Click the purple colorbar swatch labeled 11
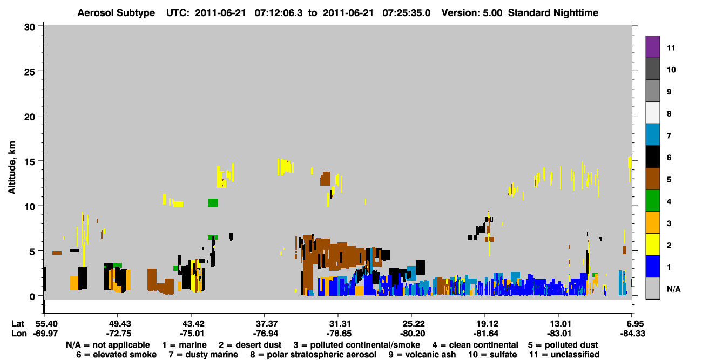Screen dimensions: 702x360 (652, 46)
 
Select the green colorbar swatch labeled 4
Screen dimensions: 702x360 (652, 201)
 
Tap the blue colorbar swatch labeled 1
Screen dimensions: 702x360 (652, 266)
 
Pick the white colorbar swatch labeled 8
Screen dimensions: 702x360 (652, 113)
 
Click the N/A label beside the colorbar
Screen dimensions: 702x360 (673, 289)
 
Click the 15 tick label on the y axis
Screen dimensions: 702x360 (30, 162)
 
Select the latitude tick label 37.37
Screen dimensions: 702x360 (265, 323)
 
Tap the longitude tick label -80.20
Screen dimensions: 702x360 (411, 334)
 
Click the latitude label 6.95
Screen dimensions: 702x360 (633, 323)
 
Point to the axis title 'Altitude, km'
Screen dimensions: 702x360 (11, 167)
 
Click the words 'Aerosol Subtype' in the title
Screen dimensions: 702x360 (116, 13)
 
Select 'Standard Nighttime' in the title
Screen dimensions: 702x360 (553, 13)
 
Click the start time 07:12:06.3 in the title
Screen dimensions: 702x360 (279, 13)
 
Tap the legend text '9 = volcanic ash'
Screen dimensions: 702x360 (422, 355)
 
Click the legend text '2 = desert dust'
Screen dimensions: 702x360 (250, 345)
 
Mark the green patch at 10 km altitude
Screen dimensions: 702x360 (212, 202)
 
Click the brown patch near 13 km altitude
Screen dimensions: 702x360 (325, 179)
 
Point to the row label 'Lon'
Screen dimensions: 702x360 (19, 334)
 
